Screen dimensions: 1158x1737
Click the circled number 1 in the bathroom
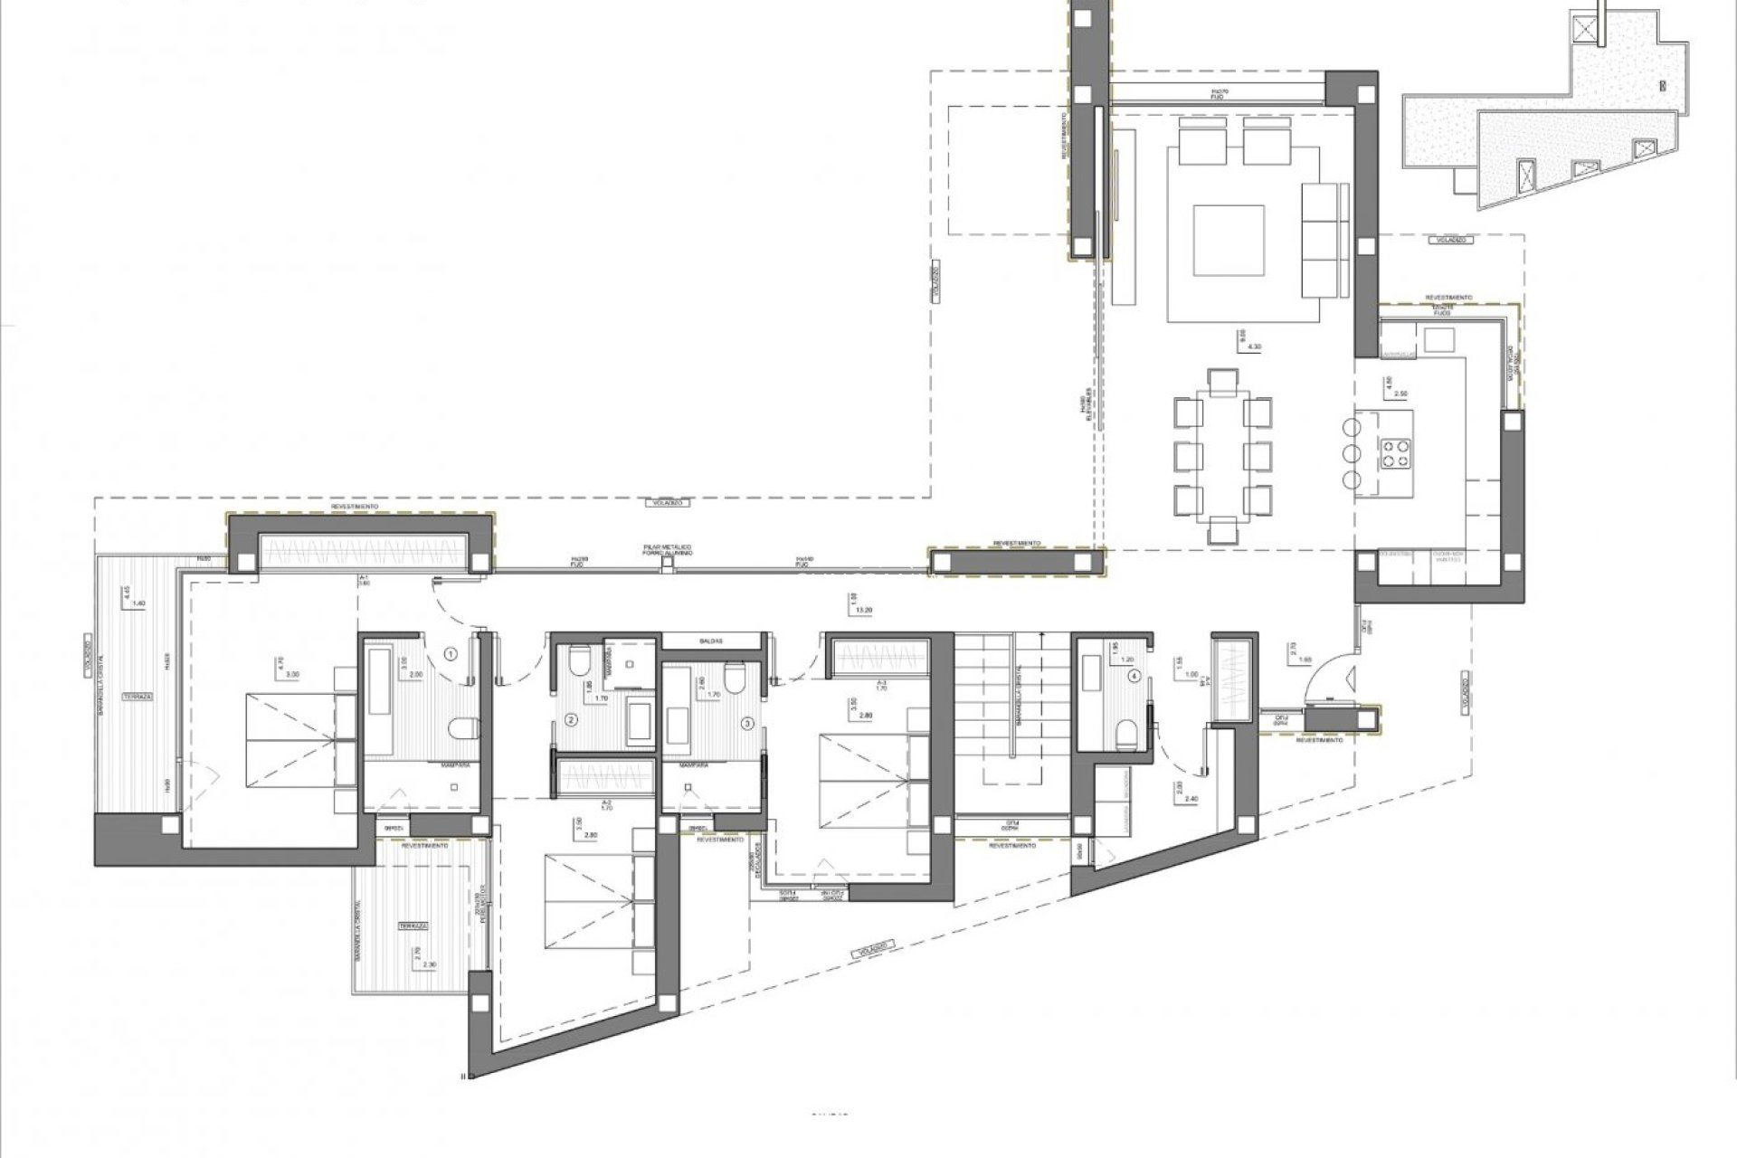tap(451, 651)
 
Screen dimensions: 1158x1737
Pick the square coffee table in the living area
tap(1229, 241)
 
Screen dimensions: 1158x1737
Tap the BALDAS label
tap(710, 641)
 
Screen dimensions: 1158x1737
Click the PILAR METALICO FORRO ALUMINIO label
tap(669, 550)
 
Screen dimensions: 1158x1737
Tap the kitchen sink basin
tap(1439, 340)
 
